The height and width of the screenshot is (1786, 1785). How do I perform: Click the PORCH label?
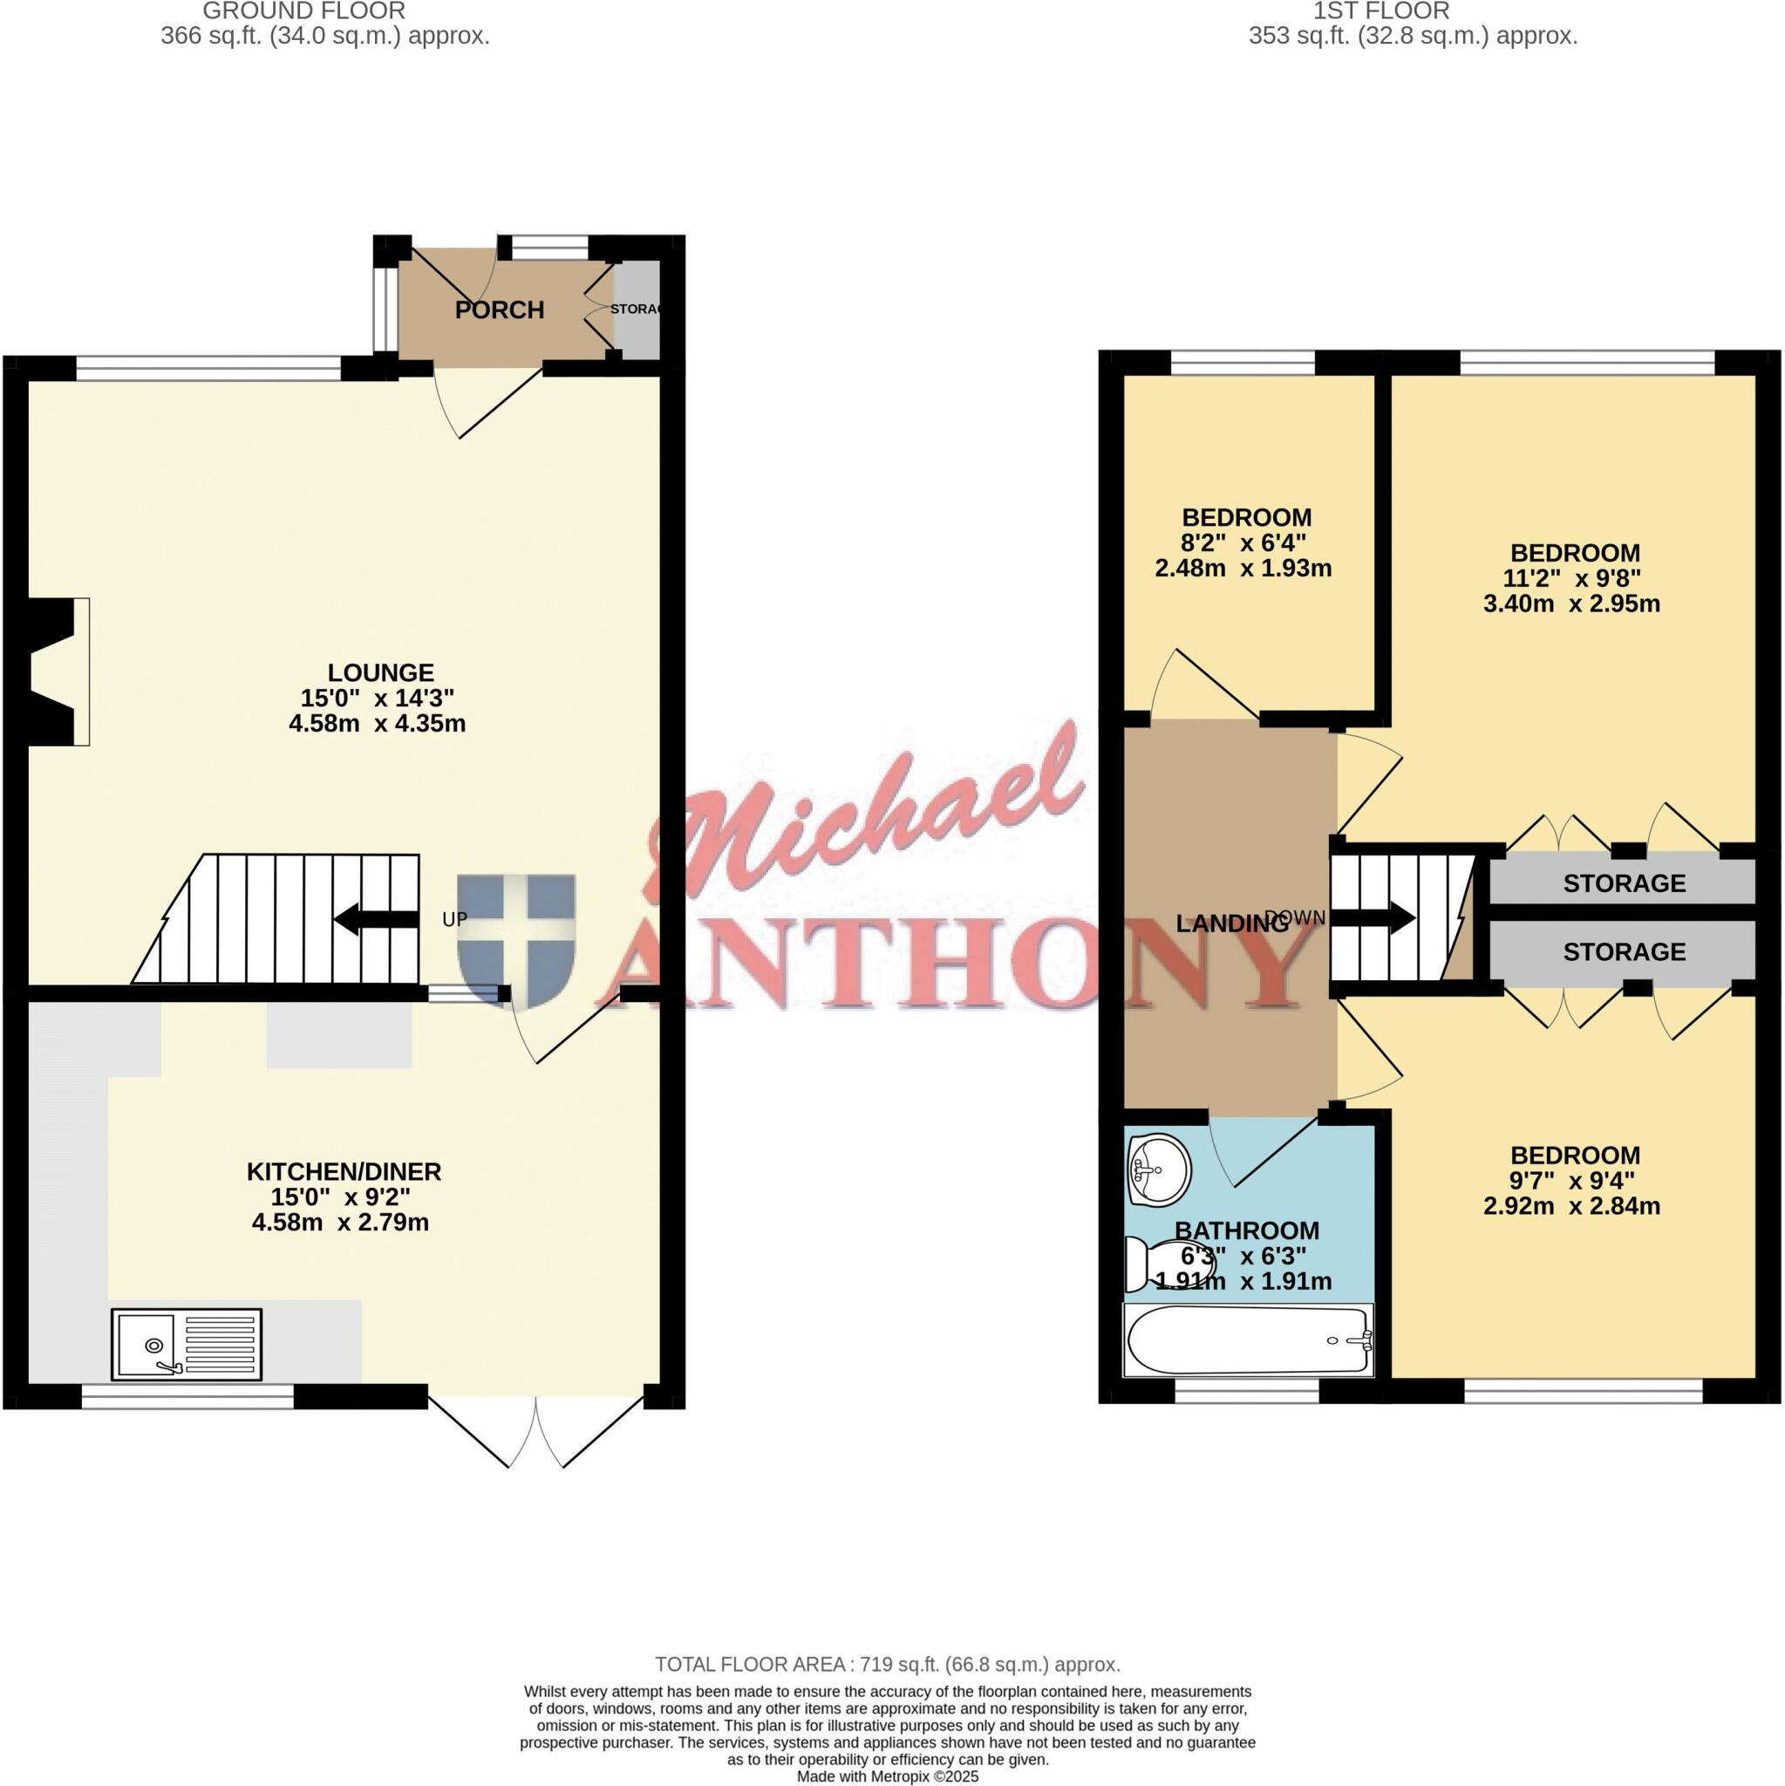pos(499,310)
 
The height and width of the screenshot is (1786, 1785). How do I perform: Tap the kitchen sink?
pos(187,1342)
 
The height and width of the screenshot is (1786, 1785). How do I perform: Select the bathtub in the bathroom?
pos(1247,1340)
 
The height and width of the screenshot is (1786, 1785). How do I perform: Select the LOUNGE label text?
pos(380,673)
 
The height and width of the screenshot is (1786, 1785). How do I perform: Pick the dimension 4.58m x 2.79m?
pos(340,1223)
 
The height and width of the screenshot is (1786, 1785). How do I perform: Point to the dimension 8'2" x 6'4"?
pos(1243,543)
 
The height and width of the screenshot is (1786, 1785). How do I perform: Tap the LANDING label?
pos(1231,924)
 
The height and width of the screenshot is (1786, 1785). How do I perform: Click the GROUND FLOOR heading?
pos(303,12)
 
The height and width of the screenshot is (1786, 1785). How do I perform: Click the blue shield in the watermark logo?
pos(516,940)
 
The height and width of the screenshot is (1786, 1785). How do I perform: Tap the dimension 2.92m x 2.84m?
pos(1570,1206)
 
